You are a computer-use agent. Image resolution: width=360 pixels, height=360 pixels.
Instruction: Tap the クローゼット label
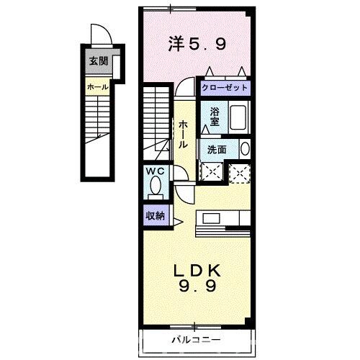(225, 87)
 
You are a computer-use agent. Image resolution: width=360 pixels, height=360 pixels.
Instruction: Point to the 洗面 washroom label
(217, 150)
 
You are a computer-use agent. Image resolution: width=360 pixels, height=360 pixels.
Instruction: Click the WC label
(154, 171)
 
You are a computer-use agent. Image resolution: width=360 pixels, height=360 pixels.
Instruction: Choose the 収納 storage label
(154, 215)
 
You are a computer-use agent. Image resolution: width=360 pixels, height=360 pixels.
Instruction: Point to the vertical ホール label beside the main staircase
(184, 134)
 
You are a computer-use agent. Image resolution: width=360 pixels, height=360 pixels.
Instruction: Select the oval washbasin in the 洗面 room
(246, 149)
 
